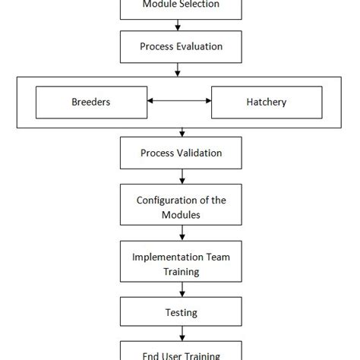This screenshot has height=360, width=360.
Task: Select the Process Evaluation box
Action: [x=181, y=47]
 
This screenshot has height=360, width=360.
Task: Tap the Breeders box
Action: [x=91, y=101]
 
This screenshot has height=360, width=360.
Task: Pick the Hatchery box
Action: [x=267, y=101]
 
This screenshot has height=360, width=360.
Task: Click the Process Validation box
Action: [x=181, y=153]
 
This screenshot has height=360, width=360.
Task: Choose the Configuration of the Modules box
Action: [x=181, y=207]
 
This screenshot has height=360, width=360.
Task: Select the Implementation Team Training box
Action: [x=181, y=264]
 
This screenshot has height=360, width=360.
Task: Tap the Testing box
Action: [x=181, y=312]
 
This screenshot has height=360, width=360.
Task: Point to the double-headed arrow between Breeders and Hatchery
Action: [x=178, y=101]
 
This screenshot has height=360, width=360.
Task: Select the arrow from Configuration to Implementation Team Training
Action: [x=181, y=235]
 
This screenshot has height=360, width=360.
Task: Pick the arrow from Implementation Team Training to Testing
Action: [x=181, y=290]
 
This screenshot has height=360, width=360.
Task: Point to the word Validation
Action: [x=198, y=153]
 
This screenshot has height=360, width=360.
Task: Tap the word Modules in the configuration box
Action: [x=181, y=215]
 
